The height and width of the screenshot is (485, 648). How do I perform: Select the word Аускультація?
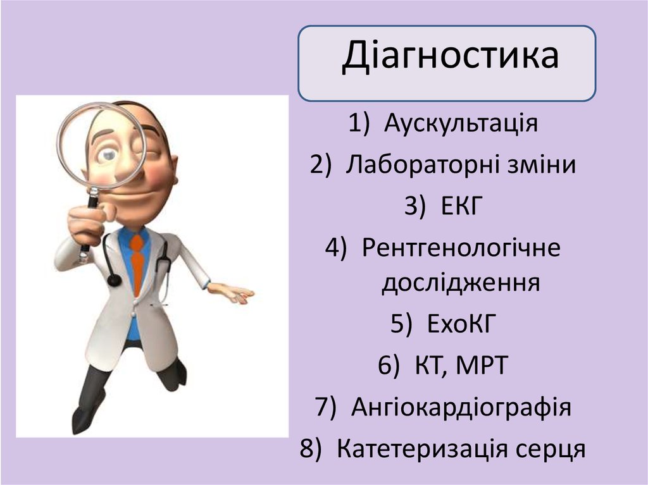(461, 123)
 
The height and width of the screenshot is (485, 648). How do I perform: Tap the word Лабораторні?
(422, 164)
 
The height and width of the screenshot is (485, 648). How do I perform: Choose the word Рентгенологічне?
(461, 248)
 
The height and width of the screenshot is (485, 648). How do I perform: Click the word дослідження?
(460, 283)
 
